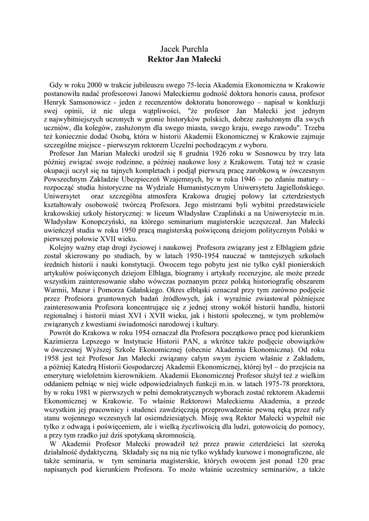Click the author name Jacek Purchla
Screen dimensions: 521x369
(184, 49)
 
